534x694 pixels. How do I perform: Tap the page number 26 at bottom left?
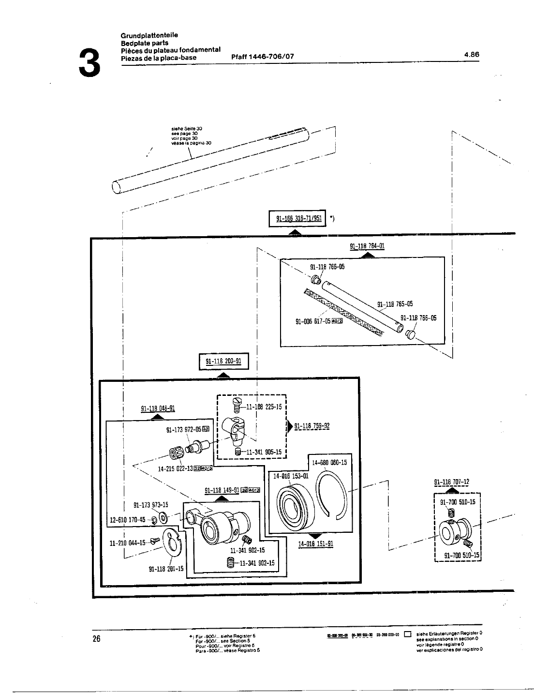point(96,639)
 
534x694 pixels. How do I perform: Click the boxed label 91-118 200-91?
point(223,362)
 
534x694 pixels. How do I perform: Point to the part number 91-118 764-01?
point(367,246)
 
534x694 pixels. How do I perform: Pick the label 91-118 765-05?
point(395,304)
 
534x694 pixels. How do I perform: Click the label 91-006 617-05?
point(313,321)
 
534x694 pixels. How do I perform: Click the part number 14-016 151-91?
point(315,544)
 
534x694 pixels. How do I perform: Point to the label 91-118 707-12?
point(451,482)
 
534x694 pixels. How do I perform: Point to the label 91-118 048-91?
point(158,408)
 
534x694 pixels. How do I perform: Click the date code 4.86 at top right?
point(471,55)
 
